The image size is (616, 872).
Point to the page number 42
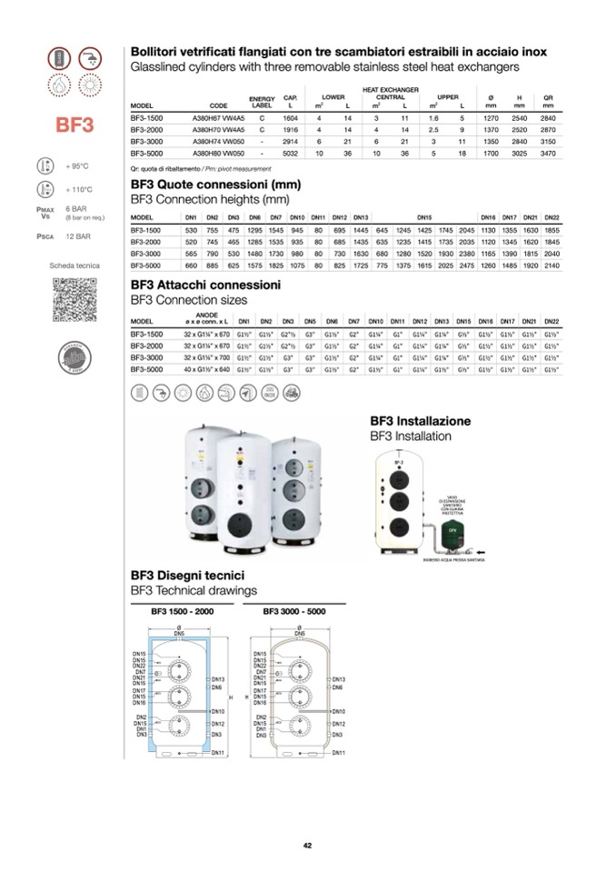(x=308, y=846)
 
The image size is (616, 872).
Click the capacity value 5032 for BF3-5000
(x=290, y=153)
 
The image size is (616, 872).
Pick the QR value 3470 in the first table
(x=548, y=153)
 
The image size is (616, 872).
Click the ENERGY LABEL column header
(x=262, y=102)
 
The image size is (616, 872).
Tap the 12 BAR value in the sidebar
(x=78, y=236)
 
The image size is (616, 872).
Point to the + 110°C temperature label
(x=80, y=190)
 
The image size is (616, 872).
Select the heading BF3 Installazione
(x=420, y=422)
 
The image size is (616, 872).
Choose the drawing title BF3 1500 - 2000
(x=182, y=612)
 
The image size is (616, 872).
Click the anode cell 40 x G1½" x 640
(x=207, y=371)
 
